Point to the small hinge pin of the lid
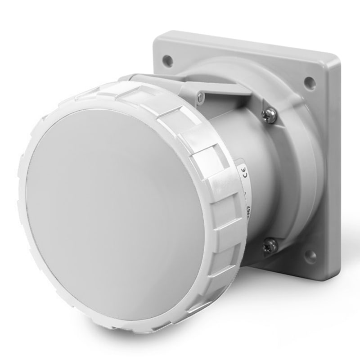[200, 95]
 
